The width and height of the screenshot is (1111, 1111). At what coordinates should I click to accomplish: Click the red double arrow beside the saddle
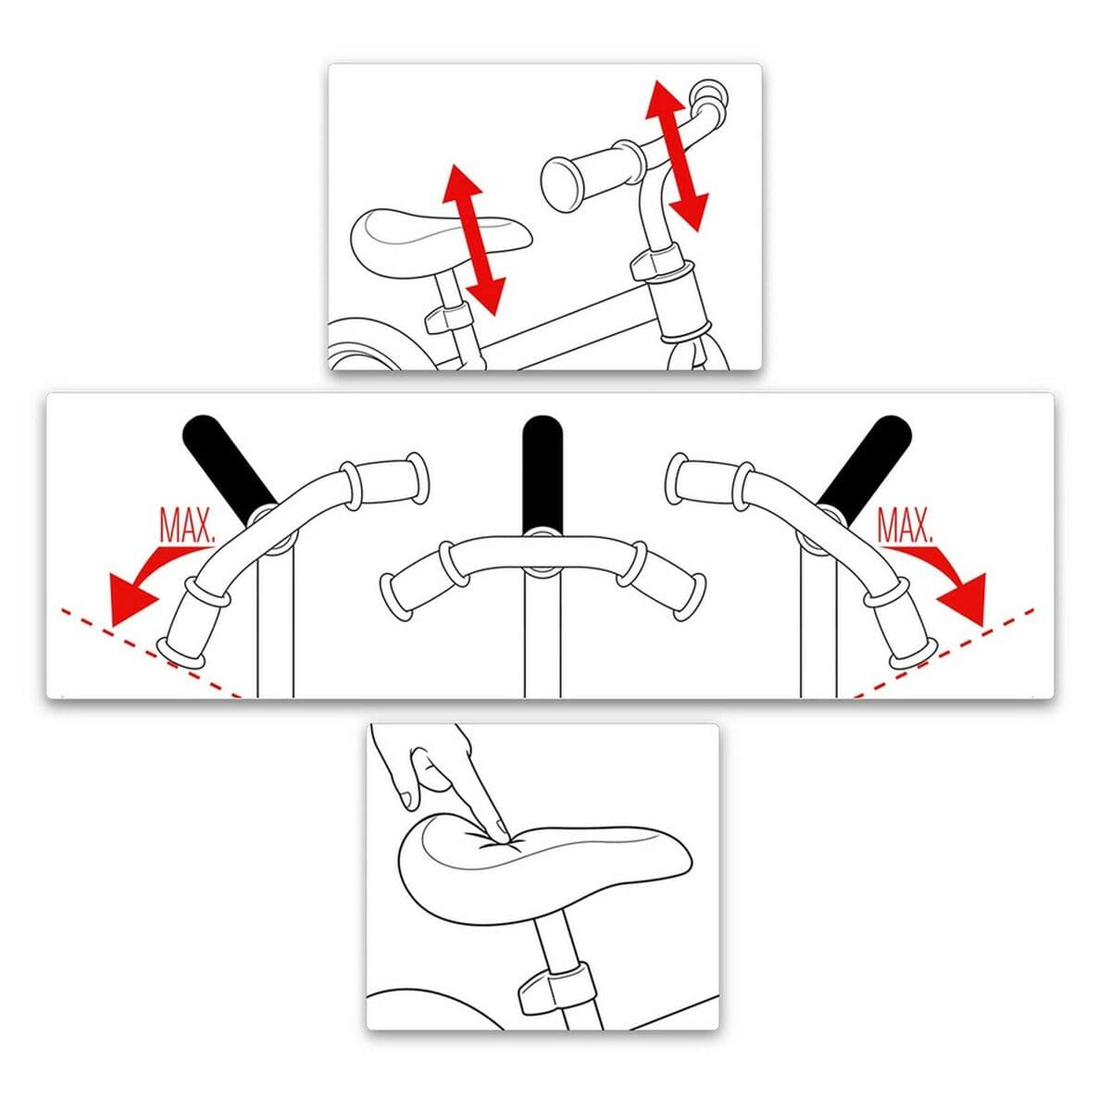472,239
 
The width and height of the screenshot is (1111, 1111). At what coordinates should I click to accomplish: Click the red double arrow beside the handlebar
677,155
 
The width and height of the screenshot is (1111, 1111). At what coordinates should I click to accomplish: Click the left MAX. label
188,526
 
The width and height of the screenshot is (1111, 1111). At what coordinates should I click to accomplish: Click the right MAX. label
905,526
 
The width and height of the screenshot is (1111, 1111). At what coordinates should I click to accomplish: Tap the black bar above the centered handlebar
541,472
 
